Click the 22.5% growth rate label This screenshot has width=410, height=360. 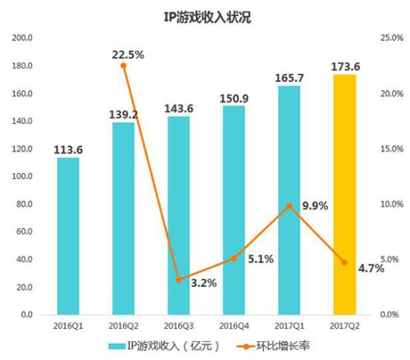click(128, 55)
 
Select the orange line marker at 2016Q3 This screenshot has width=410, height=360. click(179, 280)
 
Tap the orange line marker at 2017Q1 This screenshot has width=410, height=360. click(289, 206)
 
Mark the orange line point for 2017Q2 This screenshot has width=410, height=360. click(344, 262)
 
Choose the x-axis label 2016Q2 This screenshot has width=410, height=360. click(124, 325)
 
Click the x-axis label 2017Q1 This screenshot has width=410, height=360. click(289, 325)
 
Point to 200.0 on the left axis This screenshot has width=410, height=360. click(21, 38)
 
